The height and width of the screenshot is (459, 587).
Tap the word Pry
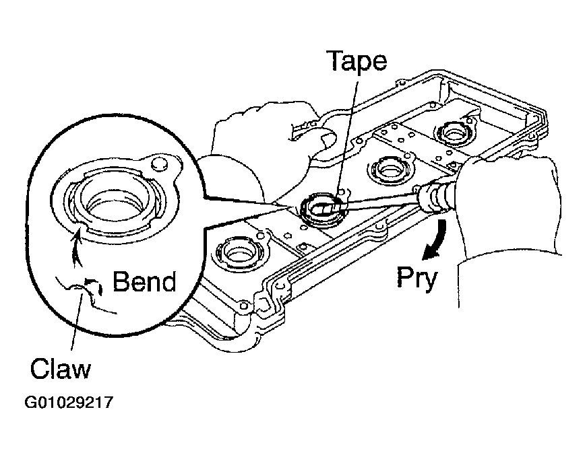point(416,278)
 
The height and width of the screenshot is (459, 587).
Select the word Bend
point(144,281)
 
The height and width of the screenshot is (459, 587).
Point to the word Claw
point(61,368)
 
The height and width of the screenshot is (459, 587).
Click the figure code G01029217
point(69,402)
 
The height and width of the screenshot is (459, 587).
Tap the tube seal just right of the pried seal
point(390,168)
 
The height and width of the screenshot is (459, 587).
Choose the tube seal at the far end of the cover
point(454,131)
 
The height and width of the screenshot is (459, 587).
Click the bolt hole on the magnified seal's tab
point(160,164)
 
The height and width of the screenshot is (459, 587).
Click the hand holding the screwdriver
point(509,209)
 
